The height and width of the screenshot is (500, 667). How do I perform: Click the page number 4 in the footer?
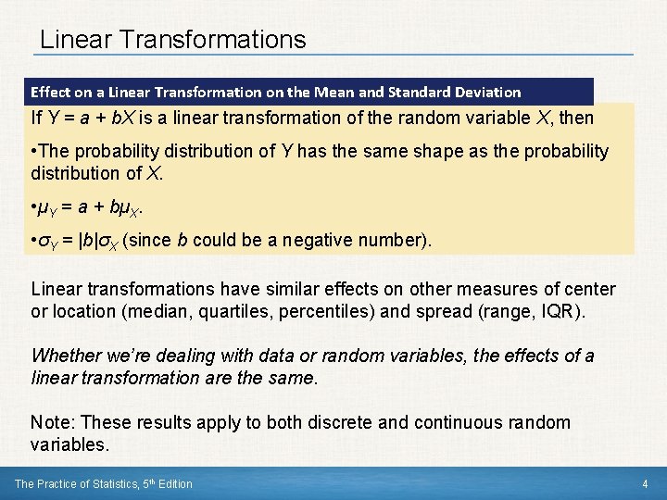tap(645, 484)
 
